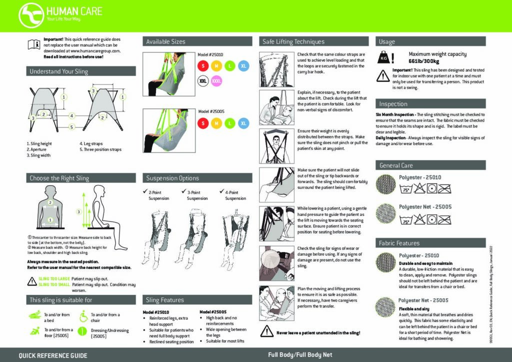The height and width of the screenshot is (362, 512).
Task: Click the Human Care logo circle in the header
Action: pos(30,15)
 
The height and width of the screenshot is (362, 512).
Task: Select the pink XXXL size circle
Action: pos(216,80)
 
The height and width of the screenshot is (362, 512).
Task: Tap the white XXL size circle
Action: pos(202,80)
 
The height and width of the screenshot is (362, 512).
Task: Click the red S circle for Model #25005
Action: pos(202,123)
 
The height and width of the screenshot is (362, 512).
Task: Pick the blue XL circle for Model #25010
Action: pos(243,66)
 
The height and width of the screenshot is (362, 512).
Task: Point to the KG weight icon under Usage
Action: pos(384,58)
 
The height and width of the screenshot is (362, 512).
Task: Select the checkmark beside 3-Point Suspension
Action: pos(183,192)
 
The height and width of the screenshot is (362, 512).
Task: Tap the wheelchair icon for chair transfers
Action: pos(83,316)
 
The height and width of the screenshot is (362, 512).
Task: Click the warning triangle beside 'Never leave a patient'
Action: pos(265,332)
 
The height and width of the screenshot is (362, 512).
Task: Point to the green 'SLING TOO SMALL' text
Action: pos(53,284)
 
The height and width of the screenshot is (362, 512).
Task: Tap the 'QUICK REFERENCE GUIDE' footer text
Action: pos(53,355)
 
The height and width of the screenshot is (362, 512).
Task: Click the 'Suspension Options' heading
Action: pos(172,178)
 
